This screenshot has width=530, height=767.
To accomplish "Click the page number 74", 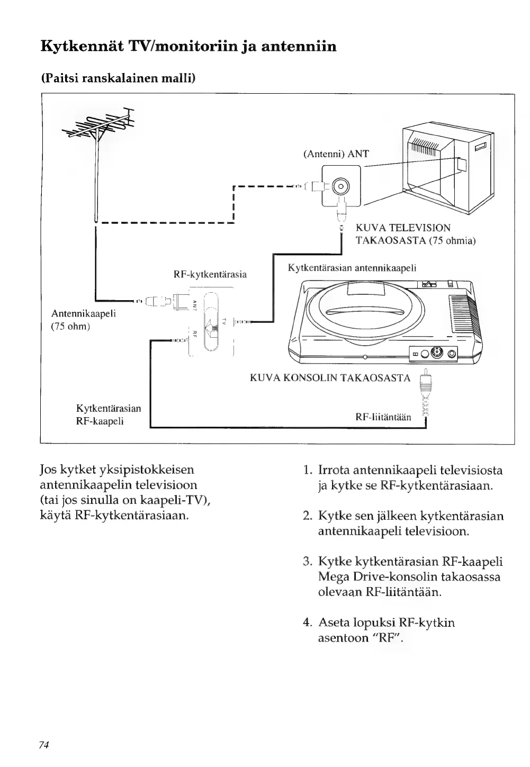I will tap(44, 745).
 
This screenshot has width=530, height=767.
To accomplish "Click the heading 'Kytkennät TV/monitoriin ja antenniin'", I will tap(188, 47).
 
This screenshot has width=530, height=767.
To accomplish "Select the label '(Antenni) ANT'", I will tap(336, 154).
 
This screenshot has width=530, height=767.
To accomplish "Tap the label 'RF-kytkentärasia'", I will tap(210, 275).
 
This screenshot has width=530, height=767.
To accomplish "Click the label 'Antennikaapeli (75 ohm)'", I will tap(83, 320).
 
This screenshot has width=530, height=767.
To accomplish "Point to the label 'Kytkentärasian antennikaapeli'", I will tap(352, 268).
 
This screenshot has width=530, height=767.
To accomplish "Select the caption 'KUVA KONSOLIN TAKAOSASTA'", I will tap(329, 378).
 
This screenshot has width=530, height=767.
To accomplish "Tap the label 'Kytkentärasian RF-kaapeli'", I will tap(109, 414).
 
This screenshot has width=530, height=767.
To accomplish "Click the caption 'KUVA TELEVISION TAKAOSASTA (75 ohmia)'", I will tap(415, 234).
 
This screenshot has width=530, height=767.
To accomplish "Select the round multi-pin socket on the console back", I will tap(437, 353).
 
